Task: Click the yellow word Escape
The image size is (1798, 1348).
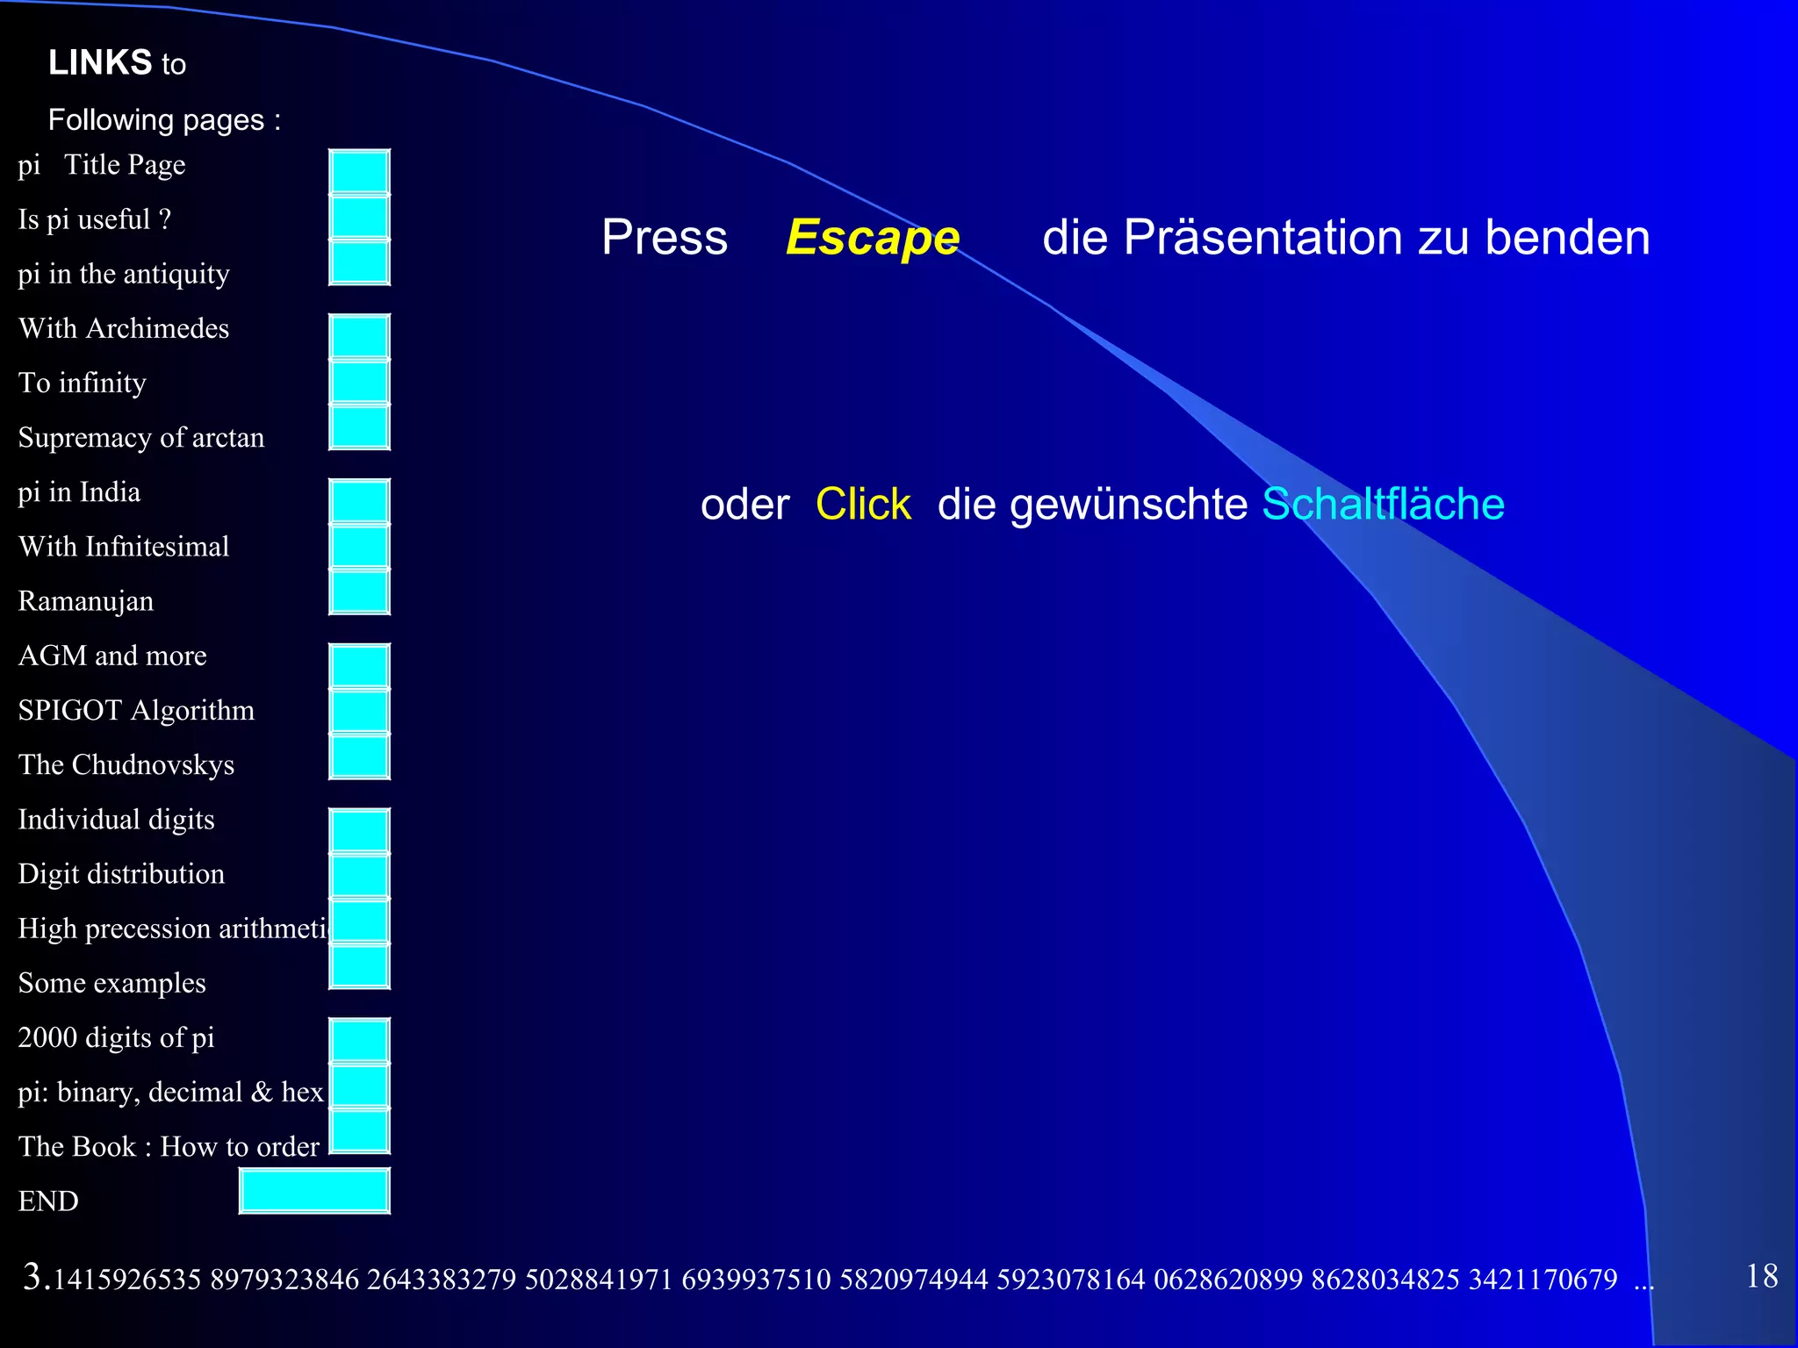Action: pyautogui.click(x=873, y=238)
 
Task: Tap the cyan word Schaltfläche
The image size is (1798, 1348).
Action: pyautogui.click(x=1383, y=505)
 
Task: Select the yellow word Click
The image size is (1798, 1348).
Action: pyautogui.click(x=863, y=505)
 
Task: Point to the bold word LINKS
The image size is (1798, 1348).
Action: pyautogui.click(x=100, y=63)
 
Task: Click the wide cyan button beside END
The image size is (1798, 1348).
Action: pyautogui.click(x=314, y=1191)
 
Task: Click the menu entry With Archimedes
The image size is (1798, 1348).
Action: pyautogui.click(x=124, y=329)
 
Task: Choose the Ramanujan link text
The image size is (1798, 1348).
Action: pyautogui.click(x=86, y=602)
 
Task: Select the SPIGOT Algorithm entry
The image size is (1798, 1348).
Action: pyautogui.click(x=136, y=711)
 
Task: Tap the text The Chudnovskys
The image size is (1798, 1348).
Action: pyautogui.click(x=126, y=765)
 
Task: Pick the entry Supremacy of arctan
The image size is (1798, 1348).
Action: pyautogui.click(x=141, y=438)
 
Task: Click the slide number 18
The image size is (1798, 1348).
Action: pyautogui.click(x=1761, y=1276)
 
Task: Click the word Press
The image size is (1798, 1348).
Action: pyautogui.click(x=665, y=238)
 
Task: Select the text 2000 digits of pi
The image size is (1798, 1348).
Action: pyautogui.click(x=116, y=1038)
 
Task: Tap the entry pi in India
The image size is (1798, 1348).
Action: pyautogui.click(x=79, y=492)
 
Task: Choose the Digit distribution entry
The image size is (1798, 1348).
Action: pyautogui.click(x=121, y=874)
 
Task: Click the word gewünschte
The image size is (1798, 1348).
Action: pyautogui.click(x=1092, y=505)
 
